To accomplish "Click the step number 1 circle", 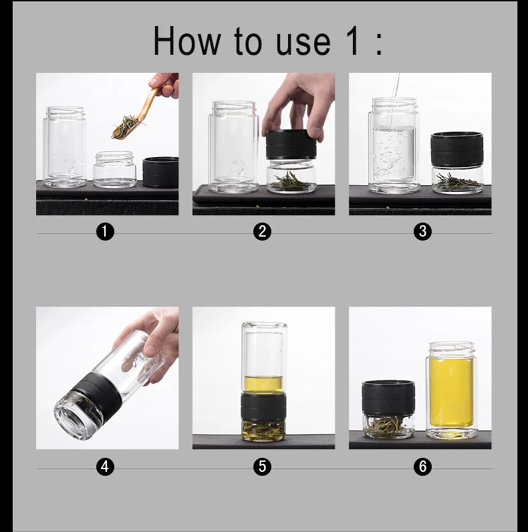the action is [x=105, y=231].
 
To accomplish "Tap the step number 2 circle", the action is [x=262, y=231].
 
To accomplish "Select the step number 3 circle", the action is [x=422, y=231].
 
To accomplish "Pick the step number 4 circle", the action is [x=105, y=467].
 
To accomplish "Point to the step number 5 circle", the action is [x=262, y=467].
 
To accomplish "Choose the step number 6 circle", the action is [x=422, y=467].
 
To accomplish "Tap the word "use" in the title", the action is [x=303, y=43].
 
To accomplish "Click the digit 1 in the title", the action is [x=353, y=40].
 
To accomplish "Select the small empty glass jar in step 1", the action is [x=115, y=169].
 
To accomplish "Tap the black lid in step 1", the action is [x=160, y=172].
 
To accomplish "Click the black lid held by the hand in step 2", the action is [x=291, y=144].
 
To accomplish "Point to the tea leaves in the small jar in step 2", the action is [x=291, y=181].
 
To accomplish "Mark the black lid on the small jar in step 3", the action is [x=456, y=149].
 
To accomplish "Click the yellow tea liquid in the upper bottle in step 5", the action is [x=263, y=384].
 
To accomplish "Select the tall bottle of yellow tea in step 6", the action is [x=451, y=390].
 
